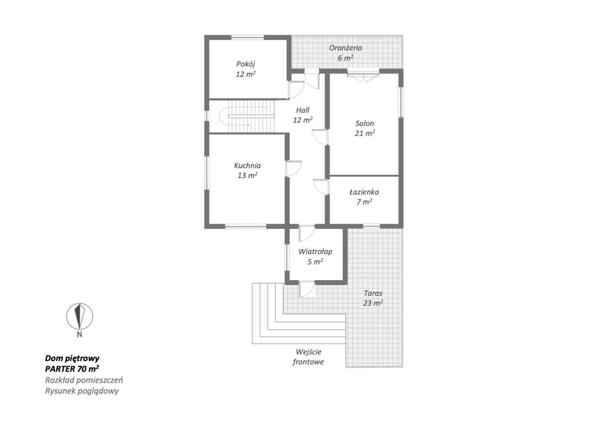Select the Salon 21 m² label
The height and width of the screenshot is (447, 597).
coord(364,128)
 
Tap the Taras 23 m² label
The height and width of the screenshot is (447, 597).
coord(373,298)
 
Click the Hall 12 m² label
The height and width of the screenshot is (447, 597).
coord(302,115)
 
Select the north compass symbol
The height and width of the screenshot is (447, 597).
coord(79,316)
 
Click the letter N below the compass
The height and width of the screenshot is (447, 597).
coord(79,335)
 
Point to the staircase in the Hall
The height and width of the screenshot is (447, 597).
coord(246,117)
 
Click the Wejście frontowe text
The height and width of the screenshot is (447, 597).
coord(308,357)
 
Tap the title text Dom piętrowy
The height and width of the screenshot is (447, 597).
coord(72,358)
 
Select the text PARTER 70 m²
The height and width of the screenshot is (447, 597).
coord(72,369)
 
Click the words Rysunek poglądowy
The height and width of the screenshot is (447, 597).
coord(82,391)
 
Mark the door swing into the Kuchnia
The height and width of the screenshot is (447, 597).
coord(294,168)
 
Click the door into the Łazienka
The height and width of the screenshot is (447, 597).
coord(321,187)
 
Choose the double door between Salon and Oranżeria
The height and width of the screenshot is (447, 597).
coord(363,75)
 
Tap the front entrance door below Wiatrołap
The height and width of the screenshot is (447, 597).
coord(307,289)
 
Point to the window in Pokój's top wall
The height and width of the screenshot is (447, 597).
coord(248,37)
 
